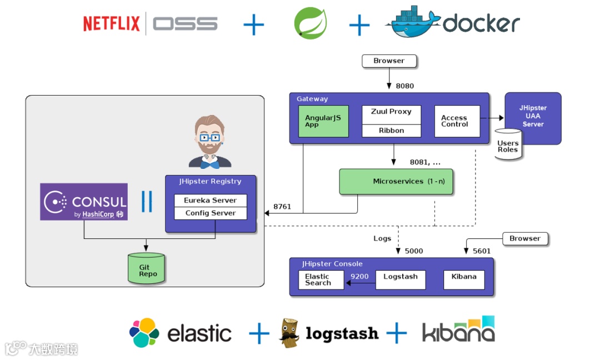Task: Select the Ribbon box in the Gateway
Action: pos(391,131)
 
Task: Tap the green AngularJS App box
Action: pos(323,121)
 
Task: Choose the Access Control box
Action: pos(457,121)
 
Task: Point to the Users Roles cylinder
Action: pos(508,145)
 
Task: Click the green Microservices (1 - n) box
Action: pos(396,182)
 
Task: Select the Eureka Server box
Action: pos(211,201)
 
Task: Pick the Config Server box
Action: pos(211,213)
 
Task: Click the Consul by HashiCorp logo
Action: pos(84,202)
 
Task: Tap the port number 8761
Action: pos(282,207)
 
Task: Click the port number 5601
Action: pos(482,251)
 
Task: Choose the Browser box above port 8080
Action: pos(389,61)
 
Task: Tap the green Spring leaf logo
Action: pos(310,24)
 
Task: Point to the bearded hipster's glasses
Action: pos(210,137)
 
